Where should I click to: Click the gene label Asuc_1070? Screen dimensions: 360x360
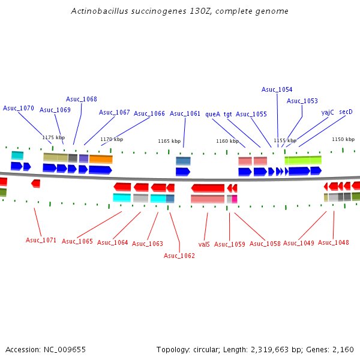click(19, 108)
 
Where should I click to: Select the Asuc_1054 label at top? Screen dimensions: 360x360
click(277, 89)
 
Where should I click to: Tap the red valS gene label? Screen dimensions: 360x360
click(204, 244)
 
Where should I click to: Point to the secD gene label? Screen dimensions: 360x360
click(346, 112)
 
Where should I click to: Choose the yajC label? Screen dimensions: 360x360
click(328, 112)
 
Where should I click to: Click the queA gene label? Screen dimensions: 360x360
click(212, 113)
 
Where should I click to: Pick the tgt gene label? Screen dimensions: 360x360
click(228, 113)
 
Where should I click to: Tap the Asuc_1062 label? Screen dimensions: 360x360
click(179, 256)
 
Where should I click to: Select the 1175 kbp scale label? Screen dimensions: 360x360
click(53, 137)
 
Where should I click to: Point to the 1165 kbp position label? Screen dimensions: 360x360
click(169, 141)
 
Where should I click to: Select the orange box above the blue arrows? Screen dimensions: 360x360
click(101, 159)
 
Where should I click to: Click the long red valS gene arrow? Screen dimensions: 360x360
click(208, 188)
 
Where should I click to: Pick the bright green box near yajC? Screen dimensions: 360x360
click(303, 160)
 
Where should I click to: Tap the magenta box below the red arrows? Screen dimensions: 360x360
click(235, 199)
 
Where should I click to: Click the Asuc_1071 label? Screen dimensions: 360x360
click(41, 240)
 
